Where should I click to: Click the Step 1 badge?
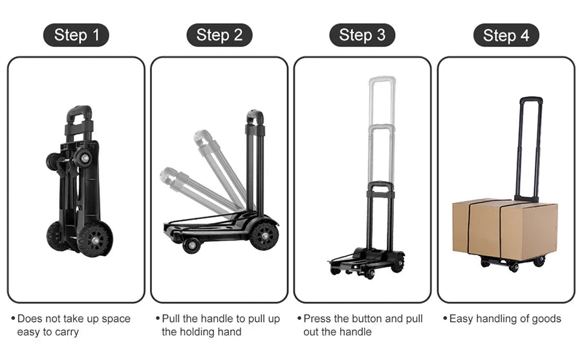(x=76, y=35)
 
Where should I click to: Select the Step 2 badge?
(x=219, y=35)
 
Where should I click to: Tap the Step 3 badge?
(x=362, y=35)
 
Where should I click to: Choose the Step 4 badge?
(x=506, y=35)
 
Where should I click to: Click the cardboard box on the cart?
(x=504, y=229)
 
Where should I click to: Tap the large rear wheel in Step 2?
(x=264, y=235)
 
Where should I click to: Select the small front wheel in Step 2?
(x=191, y=245)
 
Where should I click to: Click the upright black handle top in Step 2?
(x=255, y=117)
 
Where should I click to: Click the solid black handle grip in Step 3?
(x=380, y=185)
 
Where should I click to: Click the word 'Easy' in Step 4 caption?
(x=461, y=319)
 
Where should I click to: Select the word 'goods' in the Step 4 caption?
(x=546, y=319)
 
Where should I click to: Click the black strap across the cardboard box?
(x=501, y=229)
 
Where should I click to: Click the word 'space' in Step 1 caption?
(x=116, y=319)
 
